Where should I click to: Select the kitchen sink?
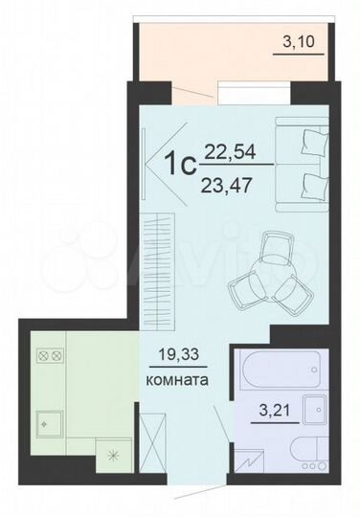[45, 420]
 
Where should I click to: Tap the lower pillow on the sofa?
[311, 183]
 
